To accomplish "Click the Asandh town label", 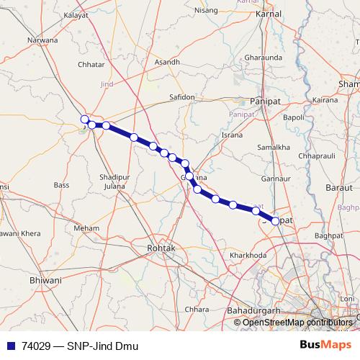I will [167, 63].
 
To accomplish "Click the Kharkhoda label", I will [248, 255].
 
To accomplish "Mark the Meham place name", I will [86, 228].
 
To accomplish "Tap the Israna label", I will [233, 135].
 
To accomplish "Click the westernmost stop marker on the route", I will [84, 120].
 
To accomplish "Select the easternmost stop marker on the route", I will [275, 221].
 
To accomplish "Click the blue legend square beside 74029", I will [10, 345].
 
